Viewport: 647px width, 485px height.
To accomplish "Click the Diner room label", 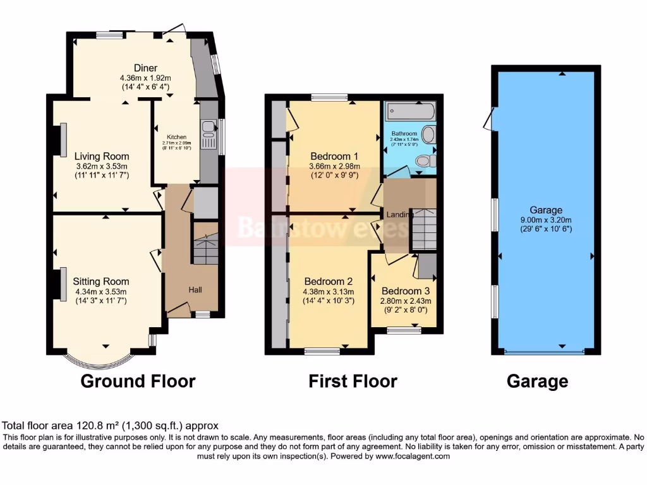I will coord(145,68).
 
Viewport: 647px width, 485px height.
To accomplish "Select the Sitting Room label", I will coord(101,282).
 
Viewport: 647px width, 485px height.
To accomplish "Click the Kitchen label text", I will coord(176,137).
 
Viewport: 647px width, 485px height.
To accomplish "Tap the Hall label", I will coord(195,289).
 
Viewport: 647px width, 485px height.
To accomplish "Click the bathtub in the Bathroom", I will coord(411,112).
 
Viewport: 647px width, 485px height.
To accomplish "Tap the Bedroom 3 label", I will coord(405,291).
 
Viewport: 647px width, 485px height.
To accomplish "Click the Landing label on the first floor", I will coord(399,215).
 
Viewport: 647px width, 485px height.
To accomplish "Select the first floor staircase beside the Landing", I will coord(424,229).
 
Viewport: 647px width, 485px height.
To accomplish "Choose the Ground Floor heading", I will coord(138,381).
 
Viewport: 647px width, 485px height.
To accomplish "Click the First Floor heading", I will coord(353,381).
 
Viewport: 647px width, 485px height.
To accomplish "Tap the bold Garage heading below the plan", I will coord(537,381).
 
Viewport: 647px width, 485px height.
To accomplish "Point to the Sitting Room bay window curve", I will coord(102,365).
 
